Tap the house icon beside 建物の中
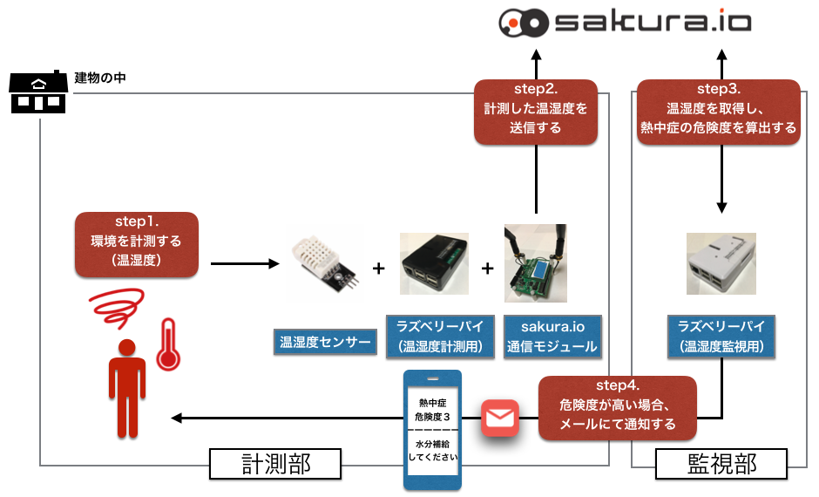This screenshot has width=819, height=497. pyautogui.click(x=37, y=92)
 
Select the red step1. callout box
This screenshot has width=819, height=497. pyautogui.click(x=137, y=245)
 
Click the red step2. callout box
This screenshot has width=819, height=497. pyautogui.click(x=536, y=112)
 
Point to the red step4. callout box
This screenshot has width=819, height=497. pyautogui.click(x=618, y=408)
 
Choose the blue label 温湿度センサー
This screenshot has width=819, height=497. pyautogui.click(x=325, y=343)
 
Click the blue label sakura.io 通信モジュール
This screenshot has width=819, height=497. pyautogui.click(x=552, y=337)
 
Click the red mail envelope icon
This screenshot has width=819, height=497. pyautogui.click(x=500, y=419)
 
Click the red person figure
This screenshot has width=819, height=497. pyautogui.click(x=126, y=388)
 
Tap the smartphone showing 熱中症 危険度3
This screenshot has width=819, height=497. pyautogui.click(x=433, y=429)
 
